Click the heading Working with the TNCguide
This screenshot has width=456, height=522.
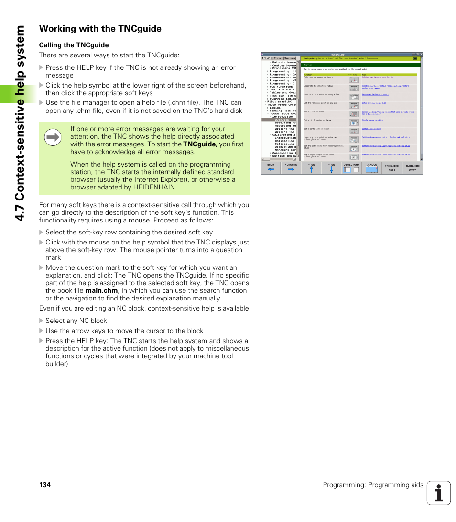coord(100,29)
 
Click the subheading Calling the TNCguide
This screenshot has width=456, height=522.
coord(74,45)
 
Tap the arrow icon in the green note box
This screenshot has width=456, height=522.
coord(53,138)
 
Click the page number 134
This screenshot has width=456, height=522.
coord(44,485)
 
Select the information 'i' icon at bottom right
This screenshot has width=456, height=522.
coord(439,493)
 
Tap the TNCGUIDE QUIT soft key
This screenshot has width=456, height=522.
coord(392,167)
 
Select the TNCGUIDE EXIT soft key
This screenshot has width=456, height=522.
coord(413,167)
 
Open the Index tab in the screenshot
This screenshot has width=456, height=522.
coord(278,58)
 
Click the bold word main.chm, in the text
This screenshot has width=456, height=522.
coord(102,290)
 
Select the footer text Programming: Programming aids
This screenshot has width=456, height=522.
coord(373,485)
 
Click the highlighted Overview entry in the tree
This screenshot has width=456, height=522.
coord(282,120)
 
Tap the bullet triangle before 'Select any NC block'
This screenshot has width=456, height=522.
coord(41,321)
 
